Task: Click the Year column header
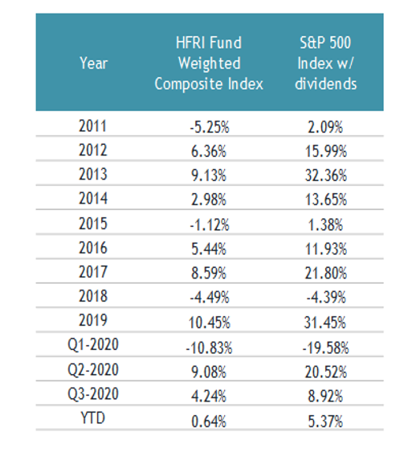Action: pyautogui.click(x=93, y=64)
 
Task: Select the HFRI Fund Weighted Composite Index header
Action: pyautogui.click(x=209, y=64)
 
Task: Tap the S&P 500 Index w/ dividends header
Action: pyautogui.click(x=325, y=64)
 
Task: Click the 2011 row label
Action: pyautogui.click(x=92, y=126)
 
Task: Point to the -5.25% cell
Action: pyautogui.click(x=210, y=127)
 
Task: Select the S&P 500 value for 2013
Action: pyautogui.click(x=325, y=175)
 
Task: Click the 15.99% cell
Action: pyautogui.click(x=325, y=151)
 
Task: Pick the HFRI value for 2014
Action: pyautogui.click(x=209, y=200)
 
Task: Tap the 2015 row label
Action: pyautogui.click(x=92, y=224)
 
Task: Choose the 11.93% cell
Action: pyautogui.click(x=325, y=249)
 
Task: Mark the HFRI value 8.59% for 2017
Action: pyautogui.click(x=209, y=273)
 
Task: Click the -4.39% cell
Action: pyautogui.click(x=326, y=297)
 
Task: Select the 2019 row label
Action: pyautogui.click(x=92, y=320)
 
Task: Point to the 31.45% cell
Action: pyautogui.click(x=325, y=323)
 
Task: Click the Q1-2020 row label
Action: pyautogui.click(x=93, y=344)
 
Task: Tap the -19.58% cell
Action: pyautogui.click(x=325, y=348)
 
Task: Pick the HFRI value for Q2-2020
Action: pyautogui.click(x=209, y=372)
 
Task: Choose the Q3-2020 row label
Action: pyautogui.click(x=93, y=394)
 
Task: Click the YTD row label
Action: pyautogui.click(x=93, y=418)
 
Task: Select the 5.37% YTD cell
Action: pyautogui.click(x=325, y=422)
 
